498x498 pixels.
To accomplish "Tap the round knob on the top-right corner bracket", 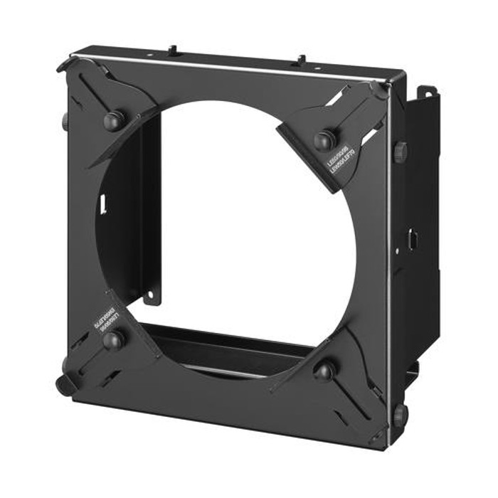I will (x=325, y=139).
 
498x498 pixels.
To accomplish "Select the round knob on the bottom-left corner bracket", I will (x=112, y=340).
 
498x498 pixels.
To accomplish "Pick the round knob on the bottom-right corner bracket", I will (x=324, y=371).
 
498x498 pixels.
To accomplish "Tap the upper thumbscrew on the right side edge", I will (x=400, y=152).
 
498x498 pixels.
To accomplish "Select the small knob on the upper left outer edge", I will (x=66, y=121).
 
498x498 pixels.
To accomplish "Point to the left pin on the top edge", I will (x=172, y=51).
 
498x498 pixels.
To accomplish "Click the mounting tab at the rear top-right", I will (x=427, y=92).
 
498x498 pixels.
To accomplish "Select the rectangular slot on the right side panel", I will (x=411, y=240).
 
